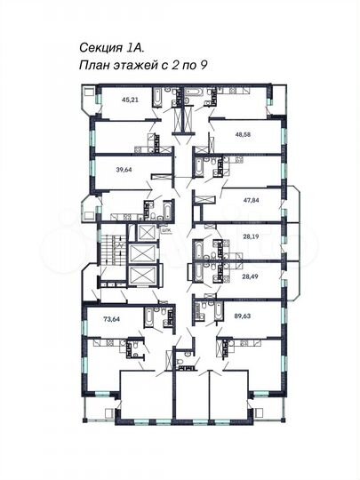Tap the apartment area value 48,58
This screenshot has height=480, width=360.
pyautogui.click(x=244, y=135)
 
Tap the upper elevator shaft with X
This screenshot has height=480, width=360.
pyautogui.click(x=143, y=233)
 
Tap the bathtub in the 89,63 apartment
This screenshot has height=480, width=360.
pyautogui.click(x=201, y=308)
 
